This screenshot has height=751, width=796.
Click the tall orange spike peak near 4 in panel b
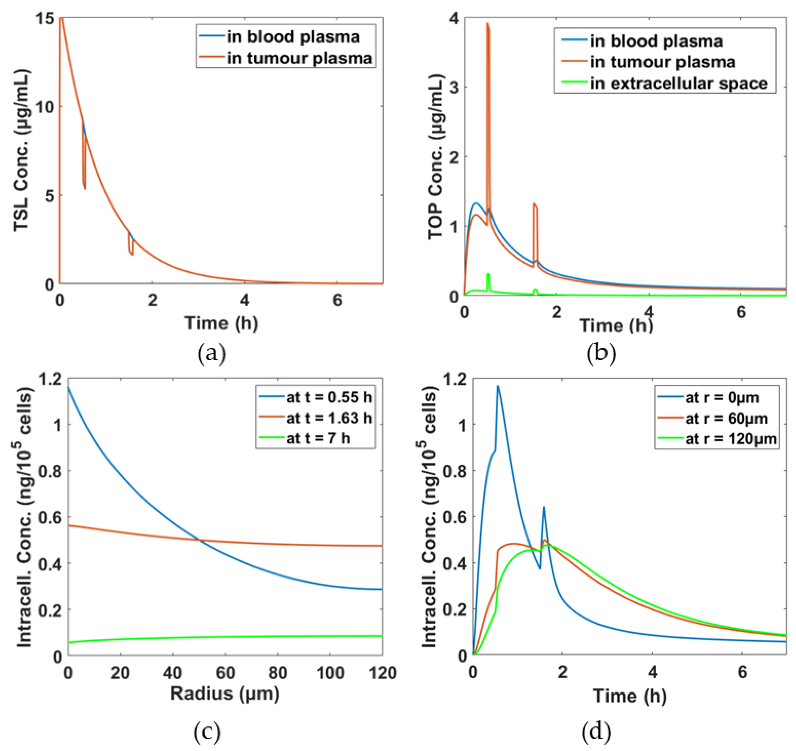(x=487, y=24)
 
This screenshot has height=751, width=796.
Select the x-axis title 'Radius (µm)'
(x=225, y=693)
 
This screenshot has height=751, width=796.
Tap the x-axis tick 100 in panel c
(x=330, y=673)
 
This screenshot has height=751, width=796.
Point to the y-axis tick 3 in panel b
(x=453, y=88)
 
